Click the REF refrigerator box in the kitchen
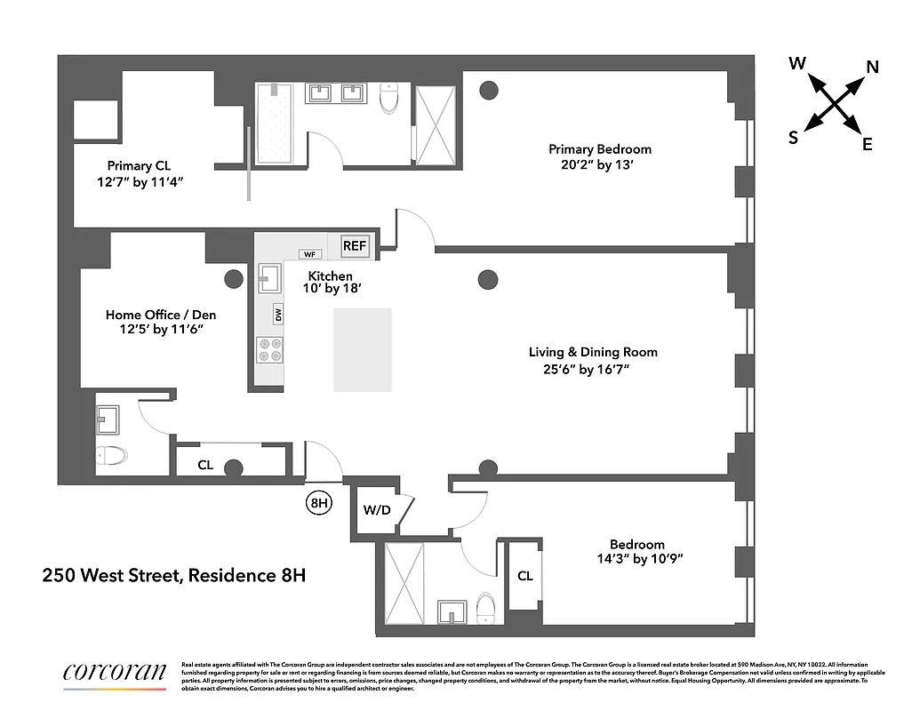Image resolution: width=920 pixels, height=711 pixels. [354, 245]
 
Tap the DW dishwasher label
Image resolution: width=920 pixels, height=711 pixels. [278, 314]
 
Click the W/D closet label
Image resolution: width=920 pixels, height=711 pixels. [375, 511]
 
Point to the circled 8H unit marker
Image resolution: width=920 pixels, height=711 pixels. [319, 503]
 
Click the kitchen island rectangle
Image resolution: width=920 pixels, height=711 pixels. [362, 350]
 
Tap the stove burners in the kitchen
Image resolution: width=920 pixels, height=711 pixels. [269, 350]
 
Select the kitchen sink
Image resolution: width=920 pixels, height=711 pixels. [269, 281]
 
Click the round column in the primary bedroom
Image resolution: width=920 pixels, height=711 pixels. [488, 89]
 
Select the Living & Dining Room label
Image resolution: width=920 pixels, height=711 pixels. [593, 352]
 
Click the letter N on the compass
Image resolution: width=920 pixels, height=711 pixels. [872, 67]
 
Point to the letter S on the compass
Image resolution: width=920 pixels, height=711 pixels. [793, 137]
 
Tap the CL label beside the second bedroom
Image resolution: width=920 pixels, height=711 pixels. [525, 576]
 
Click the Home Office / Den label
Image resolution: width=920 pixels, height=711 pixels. [161, 315]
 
